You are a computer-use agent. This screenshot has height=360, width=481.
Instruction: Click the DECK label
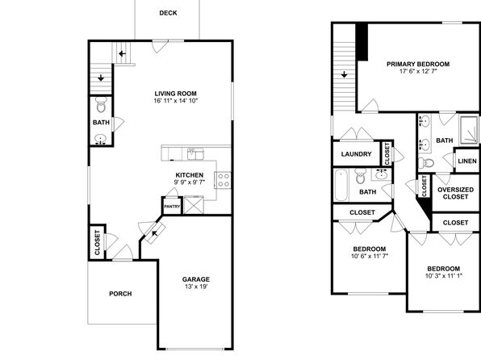168,13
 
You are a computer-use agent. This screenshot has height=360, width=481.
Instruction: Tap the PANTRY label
172,207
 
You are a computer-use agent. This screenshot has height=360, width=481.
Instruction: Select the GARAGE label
196,279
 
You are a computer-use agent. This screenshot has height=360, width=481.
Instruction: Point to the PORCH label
120,294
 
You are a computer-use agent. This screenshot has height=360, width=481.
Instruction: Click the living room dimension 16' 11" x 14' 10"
176,101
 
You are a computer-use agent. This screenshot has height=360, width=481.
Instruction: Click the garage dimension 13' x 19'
196,287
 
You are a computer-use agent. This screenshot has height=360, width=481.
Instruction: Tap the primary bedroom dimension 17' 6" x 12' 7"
418,71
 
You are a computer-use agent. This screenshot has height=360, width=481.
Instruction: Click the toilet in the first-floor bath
101,105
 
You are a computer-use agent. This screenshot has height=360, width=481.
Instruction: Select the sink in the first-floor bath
100,140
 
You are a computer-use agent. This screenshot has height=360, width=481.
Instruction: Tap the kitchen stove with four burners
223,180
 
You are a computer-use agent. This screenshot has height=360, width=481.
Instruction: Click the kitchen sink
195,153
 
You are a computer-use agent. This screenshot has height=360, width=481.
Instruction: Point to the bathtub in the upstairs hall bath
341,186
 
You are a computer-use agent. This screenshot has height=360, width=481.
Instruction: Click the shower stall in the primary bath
469,130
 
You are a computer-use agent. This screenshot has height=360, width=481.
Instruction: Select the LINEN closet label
467,161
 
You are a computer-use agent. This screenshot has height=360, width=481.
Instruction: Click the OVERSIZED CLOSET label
455,193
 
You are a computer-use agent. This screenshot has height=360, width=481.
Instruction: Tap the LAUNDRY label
356,154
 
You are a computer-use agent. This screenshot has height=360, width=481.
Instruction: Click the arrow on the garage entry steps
155,233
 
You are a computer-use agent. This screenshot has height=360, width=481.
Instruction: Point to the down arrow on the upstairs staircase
344,74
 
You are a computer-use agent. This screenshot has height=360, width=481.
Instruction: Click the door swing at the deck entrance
159,46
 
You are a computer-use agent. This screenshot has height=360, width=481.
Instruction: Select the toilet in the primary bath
426,162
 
